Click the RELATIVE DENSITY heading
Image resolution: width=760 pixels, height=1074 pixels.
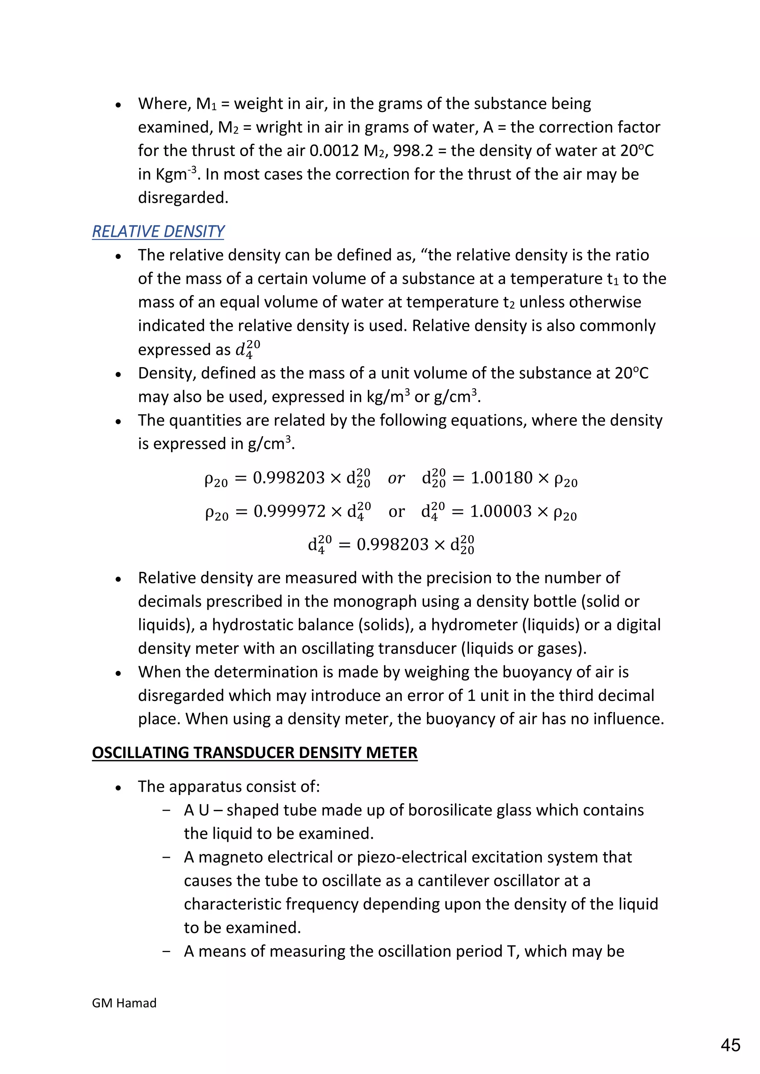(x=158, y=231)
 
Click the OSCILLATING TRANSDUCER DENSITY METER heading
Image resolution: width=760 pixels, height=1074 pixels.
(x=255, y=752)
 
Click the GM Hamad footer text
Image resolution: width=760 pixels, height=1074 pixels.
(x=124, y=1003)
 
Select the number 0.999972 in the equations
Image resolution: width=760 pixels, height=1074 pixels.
(x=289, y=511)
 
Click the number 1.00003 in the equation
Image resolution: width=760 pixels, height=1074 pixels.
(x=501, y=511)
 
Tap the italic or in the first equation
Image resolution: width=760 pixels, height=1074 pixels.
(x=396, y=478)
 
